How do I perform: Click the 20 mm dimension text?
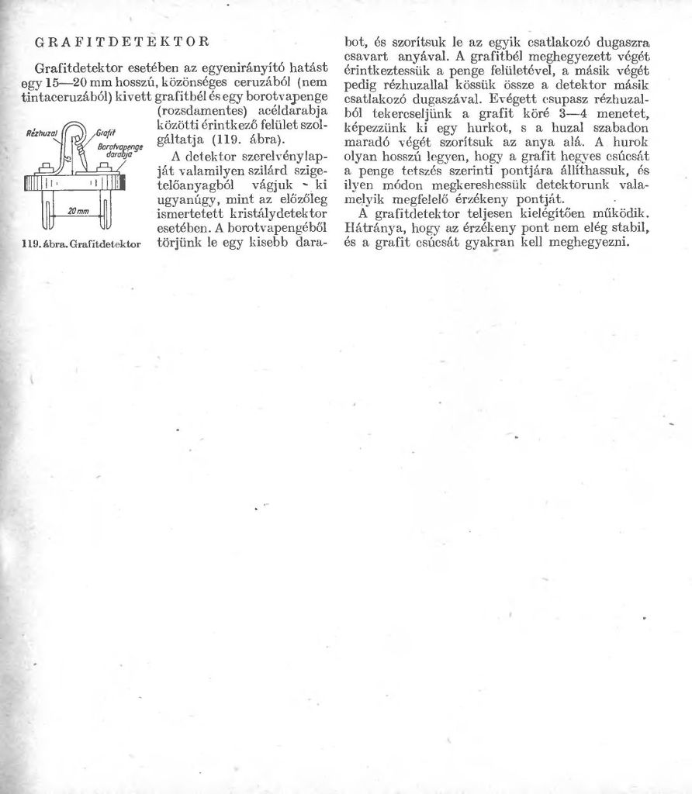point(75,211)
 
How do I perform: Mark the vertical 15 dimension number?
point(70,160)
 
